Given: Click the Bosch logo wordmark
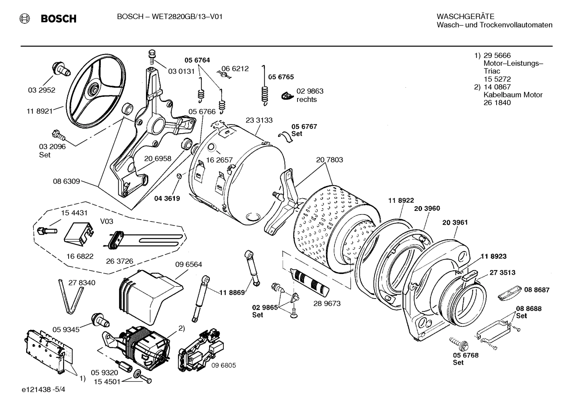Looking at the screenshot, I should [x=58, y=19].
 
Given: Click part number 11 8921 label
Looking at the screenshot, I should [x=39, y=111].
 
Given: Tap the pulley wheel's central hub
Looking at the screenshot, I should [x=94, y=88].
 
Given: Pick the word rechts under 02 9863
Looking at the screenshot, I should [x=307, y=100].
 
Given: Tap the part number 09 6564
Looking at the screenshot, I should [x=188, y=264].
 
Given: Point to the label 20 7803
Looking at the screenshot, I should [x=329, y=160].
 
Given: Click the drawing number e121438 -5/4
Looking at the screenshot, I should [x=44, y=389].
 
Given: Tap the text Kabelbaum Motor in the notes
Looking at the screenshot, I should [x=512, y=95].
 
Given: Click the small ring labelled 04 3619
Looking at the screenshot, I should [x=179, y=176].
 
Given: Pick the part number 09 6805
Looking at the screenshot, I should [x=223, y=365].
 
